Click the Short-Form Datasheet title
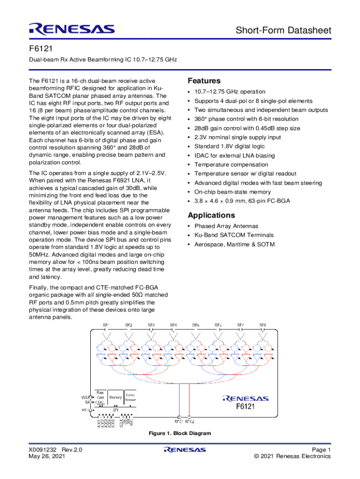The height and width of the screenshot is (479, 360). coord(283,31)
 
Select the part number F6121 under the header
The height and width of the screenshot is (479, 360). coord(39,49)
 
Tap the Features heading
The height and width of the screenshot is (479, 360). coord(204,81)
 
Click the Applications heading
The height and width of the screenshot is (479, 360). coord(211,215)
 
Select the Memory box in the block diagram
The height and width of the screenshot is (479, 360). coord(115,398)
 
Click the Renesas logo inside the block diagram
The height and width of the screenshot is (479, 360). coord(245,399)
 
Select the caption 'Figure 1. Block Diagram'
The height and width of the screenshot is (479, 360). coord(180,434)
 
